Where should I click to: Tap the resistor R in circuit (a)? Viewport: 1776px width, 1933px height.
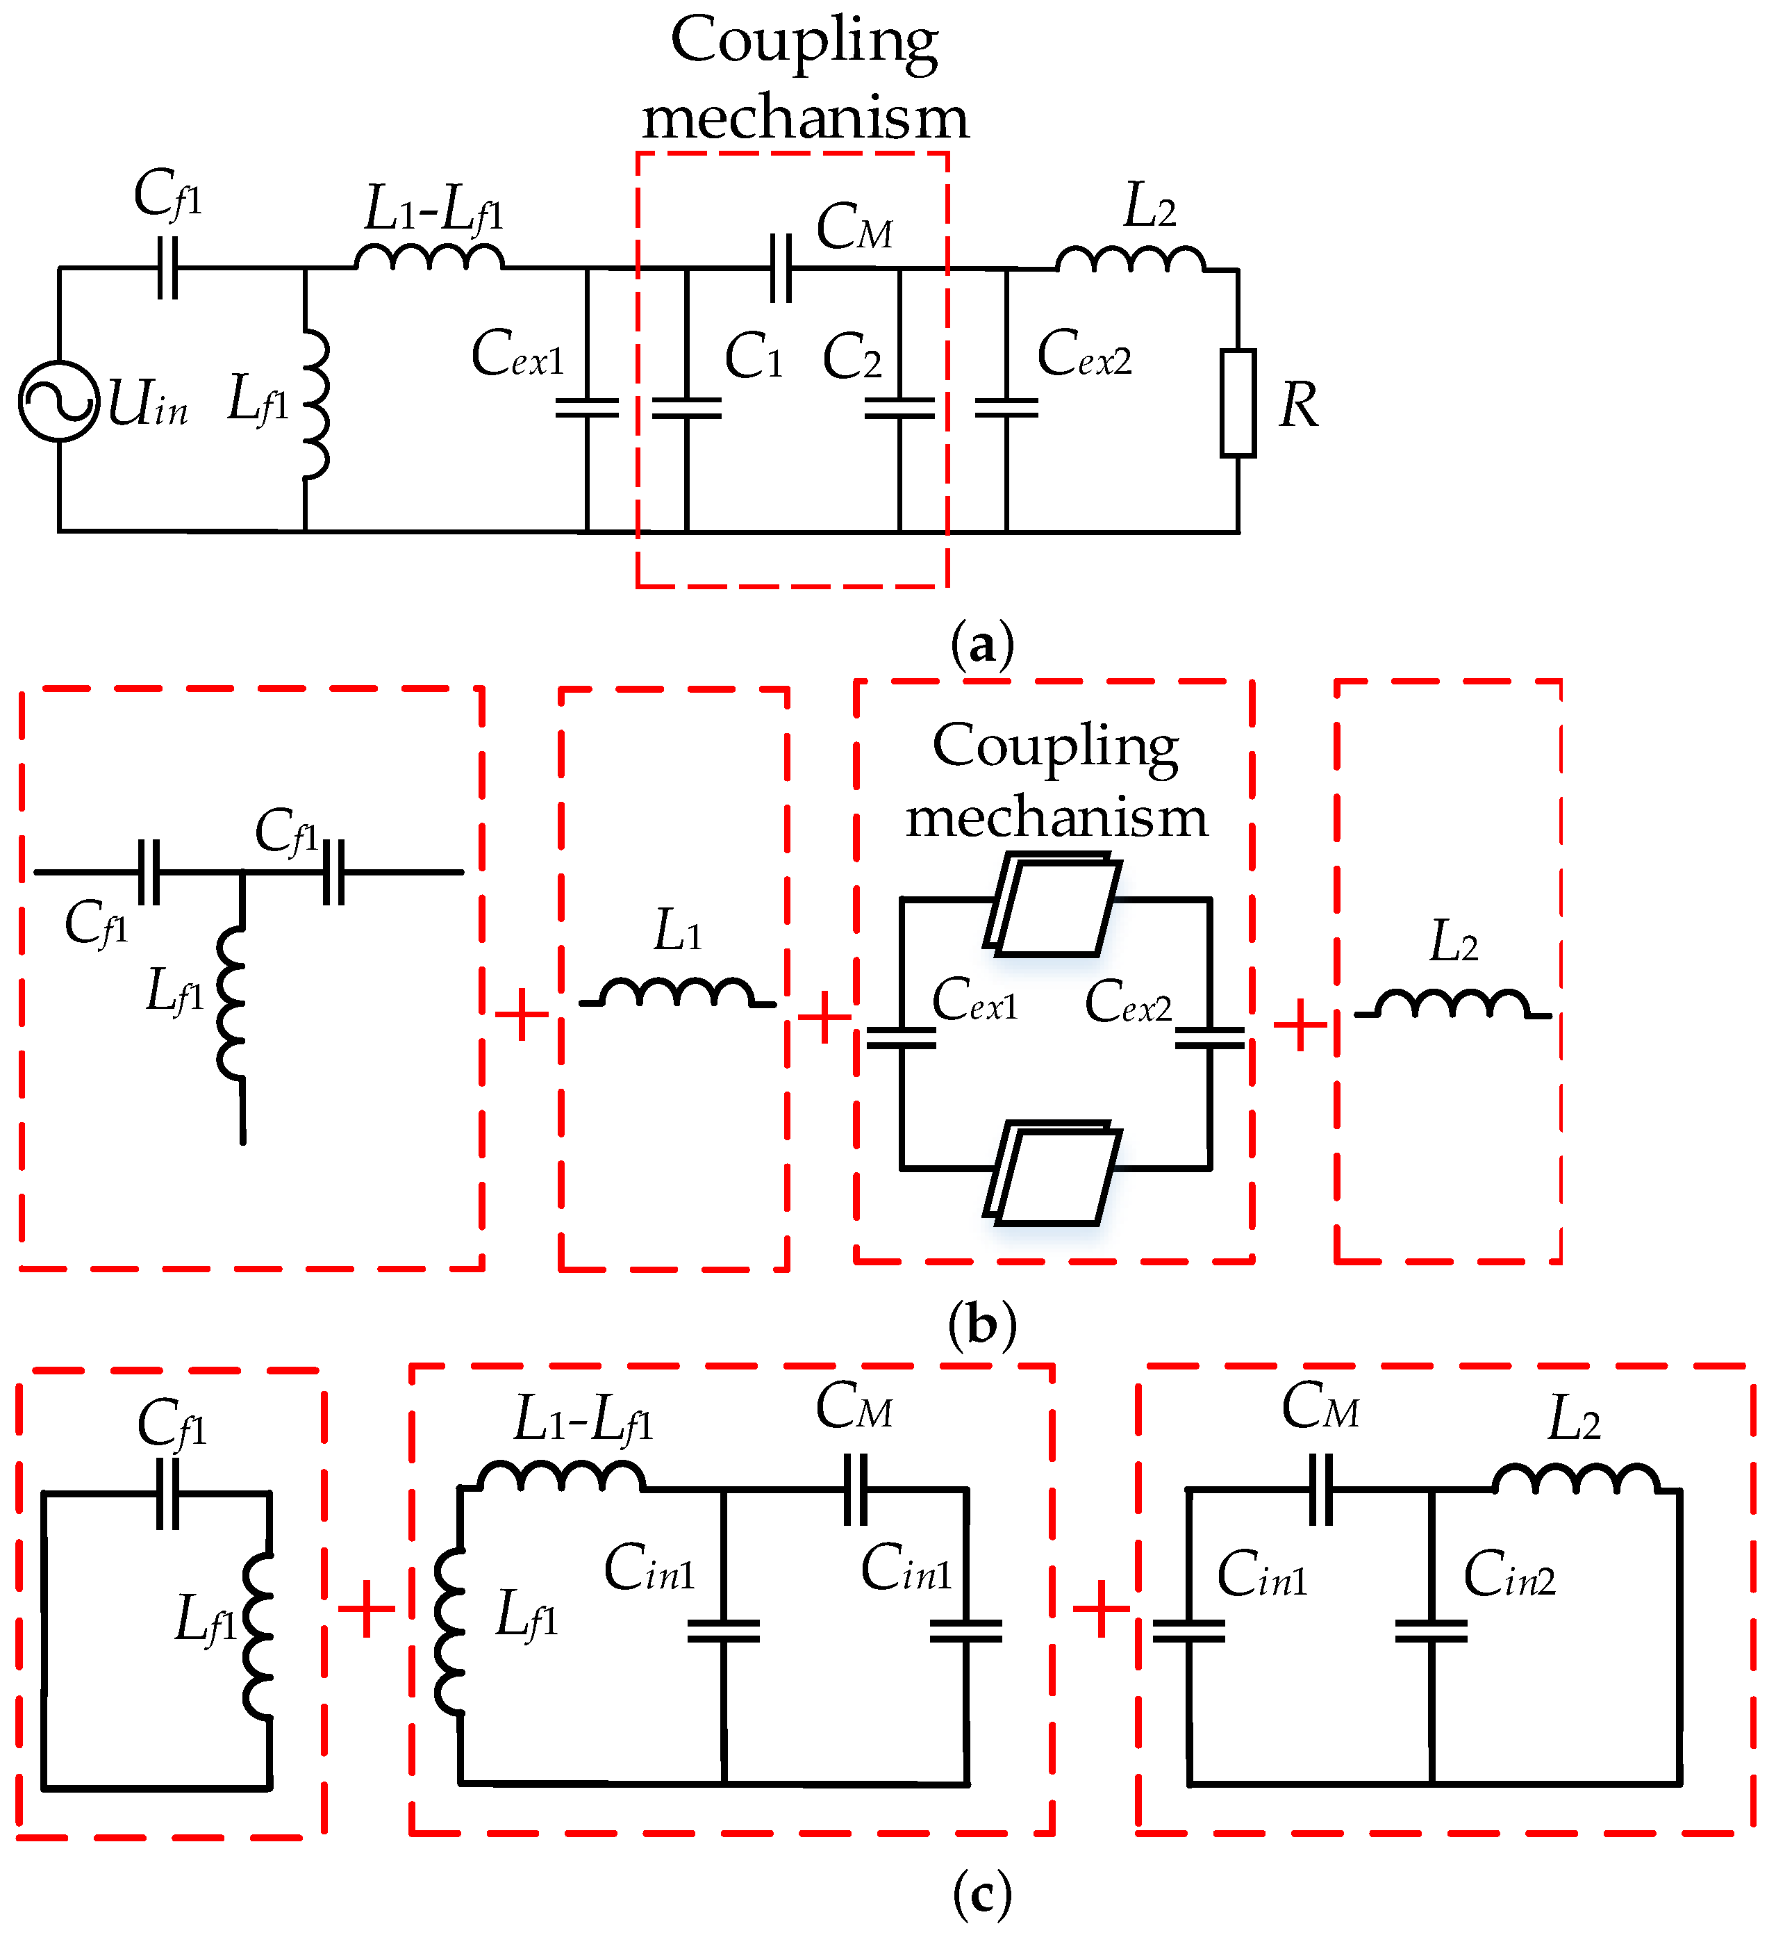click(1238, 403)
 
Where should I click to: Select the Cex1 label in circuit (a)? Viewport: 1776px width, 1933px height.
click(517, 354)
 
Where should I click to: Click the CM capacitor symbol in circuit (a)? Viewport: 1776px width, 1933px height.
click(781, 268)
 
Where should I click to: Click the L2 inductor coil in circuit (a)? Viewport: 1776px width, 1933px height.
click(1130, 260)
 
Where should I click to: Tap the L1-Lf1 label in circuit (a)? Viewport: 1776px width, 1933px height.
click(433, 208)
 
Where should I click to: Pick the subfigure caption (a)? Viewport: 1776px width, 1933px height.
click(981, 645)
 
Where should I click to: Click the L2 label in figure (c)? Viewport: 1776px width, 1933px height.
click(1573, 1419)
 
